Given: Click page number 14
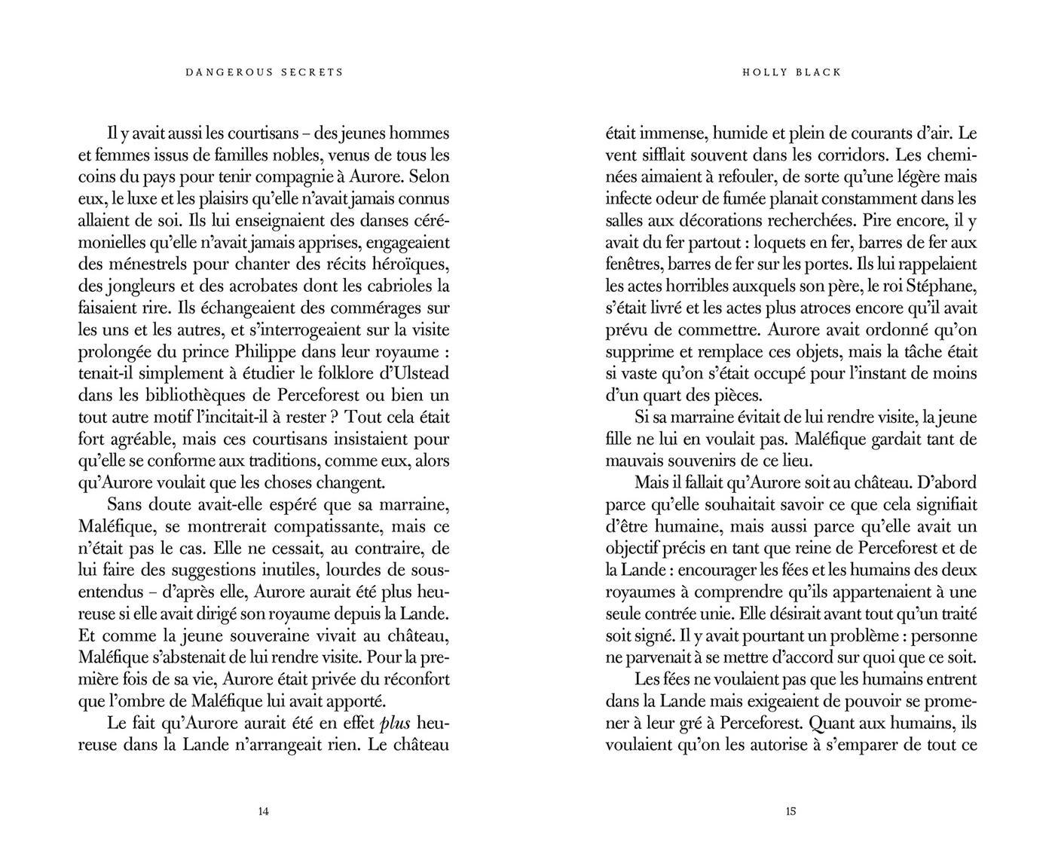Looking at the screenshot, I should click(x=263, y=812).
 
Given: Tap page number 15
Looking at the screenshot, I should click(x=790, y=812).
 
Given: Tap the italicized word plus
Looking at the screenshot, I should click(x=395, y=723).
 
